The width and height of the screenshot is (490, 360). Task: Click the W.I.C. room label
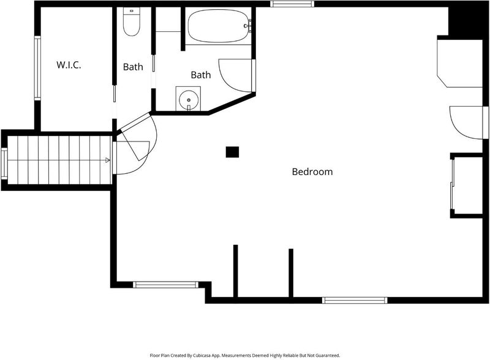69,65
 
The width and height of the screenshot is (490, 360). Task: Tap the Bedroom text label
312,171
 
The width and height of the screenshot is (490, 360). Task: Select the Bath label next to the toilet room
133,67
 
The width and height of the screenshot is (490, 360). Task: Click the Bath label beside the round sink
201,75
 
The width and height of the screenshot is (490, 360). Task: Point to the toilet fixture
131,21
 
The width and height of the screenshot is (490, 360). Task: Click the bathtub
219,26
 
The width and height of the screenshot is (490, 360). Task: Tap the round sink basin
189,100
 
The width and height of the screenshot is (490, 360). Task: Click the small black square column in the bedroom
233,152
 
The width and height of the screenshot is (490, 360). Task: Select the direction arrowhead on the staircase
108,160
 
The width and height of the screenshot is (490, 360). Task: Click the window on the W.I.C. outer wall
37,68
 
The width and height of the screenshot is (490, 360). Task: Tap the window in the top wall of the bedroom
292,4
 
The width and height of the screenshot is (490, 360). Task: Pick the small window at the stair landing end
4,163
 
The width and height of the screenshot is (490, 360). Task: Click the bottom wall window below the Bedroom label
355,301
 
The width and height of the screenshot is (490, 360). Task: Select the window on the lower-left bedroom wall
165,285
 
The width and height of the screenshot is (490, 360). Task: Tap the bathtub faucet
249,25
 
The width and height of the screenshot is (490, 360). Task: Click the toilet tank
132,11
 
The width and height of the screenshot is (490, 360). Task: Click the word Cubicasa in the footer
202,355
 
